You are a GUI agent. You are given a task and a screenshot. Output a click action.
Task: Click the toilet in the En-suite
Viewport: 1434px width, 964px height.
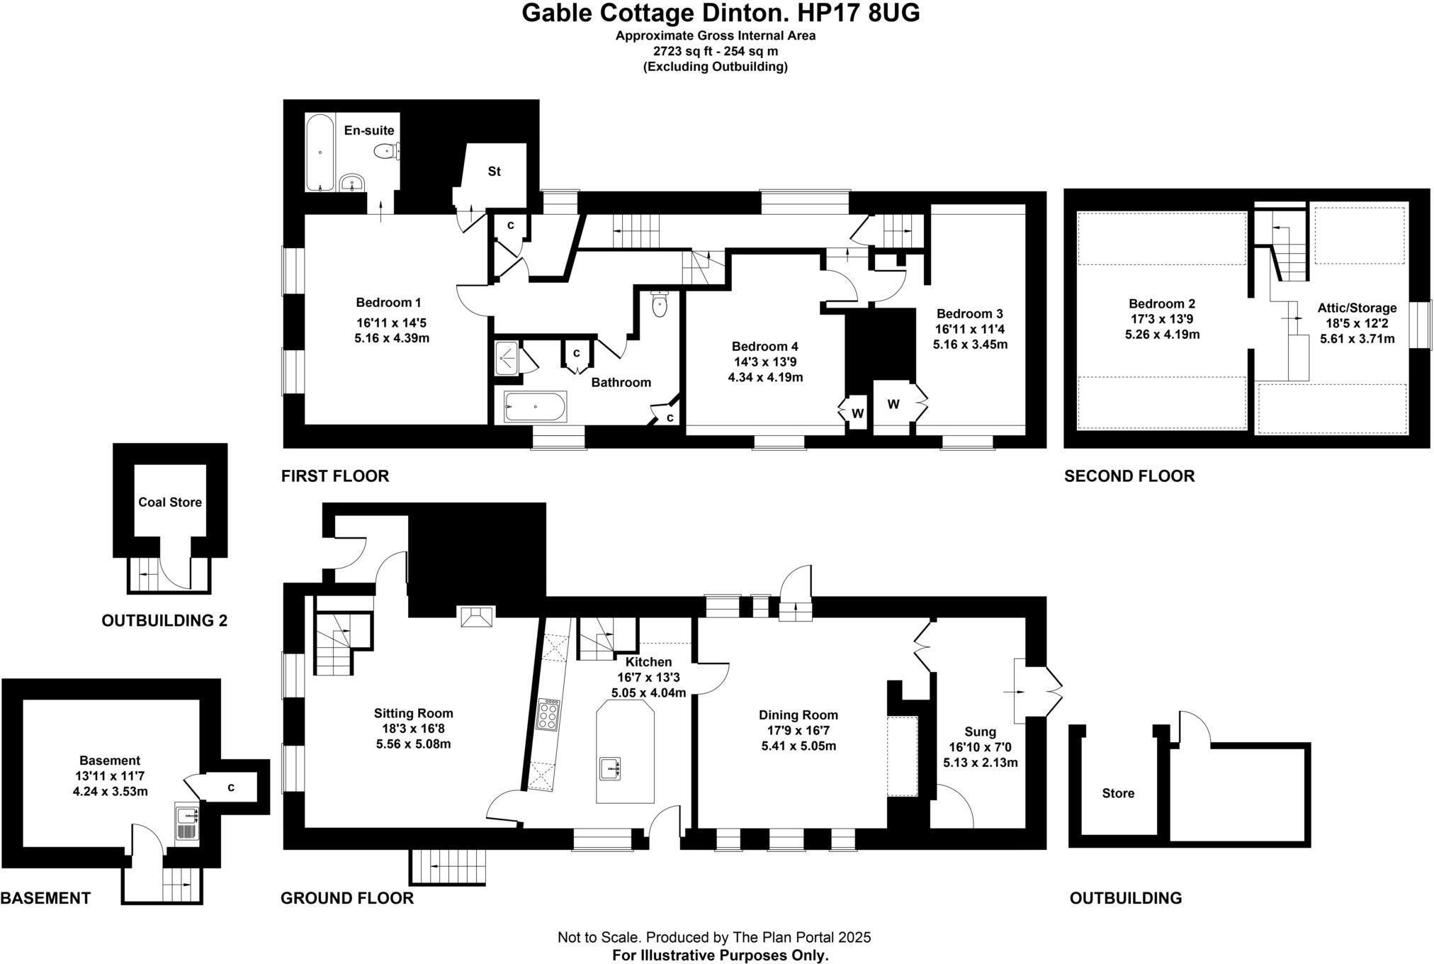(385, 150)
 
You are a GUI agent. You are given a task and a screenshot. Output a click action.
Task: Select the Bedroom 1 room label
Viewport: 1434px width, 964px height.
(388, 303)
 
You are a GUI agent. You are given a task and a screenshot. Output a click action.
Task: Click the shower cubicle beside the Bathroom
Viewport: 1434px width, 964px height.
(507, 358)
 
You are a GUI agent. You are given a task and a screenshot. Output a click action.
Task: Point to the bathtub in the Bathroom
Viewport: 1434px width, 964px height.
(535, 407)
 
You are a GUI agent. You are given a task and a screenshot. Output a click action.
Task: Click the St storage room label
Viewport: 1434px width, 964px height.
(494, 172)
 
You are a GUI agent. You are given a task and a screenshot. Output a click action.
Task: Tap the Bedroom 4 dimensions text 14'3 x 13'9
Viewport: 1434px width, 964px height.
(764, 361)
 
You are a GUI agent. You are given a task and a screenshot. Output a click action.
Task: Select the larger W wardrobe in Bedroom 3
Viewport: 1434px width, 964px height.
(893, 404)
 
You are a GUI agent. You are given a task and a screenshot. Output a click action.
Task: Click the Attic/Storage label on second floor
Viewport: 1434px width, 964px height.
(1356, 308)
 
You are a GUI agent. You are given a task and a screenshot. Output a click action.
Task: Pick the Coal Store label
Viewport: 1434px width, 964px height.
(170, 502)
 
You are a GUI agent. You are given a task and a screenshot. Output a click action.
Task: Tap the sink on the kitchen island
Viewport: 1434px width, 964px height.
(610, 768)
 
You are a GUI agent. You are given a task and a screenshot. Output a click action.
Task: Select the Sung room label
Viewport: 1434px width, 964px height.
(980, 732)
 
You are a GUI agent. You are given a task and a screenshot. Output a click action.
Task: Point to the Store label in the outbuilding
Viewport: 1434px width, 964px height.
(1117, 793)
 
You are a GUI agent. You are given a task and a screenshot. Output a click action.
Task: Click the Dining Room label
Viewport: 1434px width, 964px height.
(798, 715)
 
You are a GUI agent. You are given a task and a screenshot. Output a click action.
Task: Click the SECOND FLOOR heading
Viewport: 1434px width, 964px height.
(1129, 476)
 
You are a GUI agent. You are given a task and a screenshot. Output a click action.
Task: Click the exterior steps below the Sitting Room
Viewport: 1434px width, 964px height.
(448, 867)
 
